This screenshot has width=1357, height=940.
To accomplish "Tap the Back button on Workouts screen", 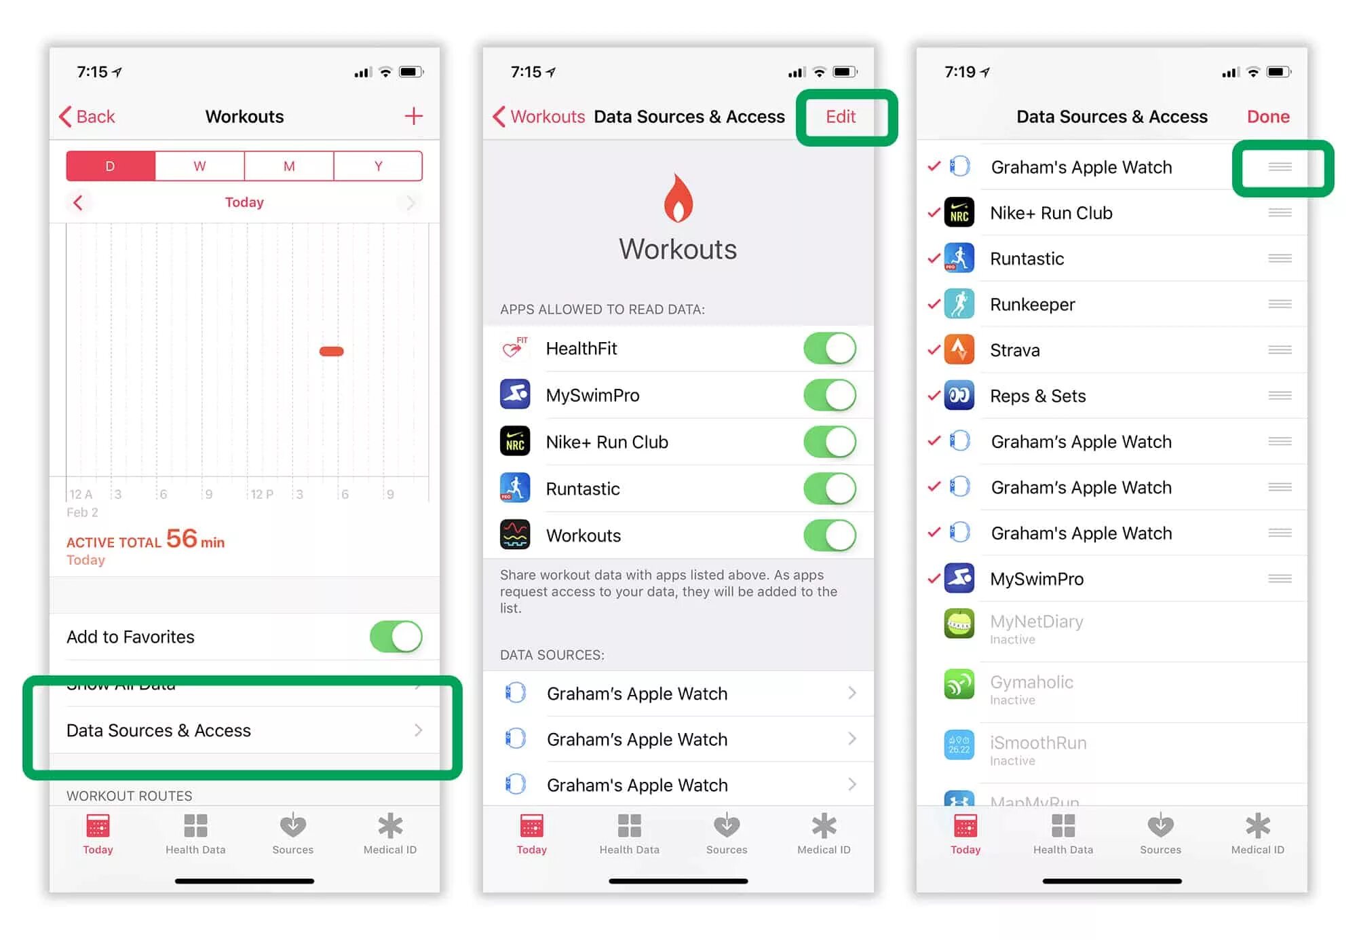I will coord(88,117).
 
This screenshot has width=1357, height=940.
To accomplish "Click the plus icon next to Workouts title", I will coord(413,116).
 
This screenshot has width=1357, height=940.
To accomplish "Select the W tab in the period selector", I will coord(199,166).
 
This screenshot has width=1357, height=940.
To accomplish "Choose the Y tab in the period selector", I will coord(378,166).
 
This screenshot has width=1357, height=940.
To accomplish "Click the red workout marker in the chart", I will coord(331,351).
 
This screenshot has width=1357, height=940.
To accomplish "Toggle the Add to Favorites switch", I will coord(396,637).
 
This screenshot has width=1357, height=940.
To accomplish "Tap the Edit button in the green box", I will coord(840,117).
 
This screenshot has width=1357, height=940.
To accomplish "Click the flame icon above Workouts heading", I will coord(678,198).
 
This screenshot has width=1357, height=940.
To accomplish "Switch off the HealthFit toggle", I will coord(829,348).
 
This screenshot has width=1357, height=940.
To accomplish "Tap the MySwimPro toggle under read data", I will coord(829,395).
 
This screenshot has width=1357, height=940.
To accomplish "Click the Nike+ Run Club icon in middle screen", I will coord(515,442).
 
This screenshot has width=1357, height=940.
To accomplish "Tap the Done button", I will coord(1267,117).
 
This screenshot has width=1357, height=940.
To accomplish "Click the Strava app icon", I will coord(959,350).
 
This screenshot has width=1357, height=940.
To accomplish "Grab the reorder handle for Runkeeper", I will coord(1280,304).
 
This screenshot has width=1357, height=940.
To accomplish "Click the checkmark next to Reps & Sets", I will coord(934,395).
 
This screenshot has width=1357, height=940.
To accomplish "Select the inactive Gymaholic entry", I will coord(1031,689).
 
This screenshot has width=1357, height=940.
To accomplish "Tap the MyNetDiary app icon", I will coord(959,623).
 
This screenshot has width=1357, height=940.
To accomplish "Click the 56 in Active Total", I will coord(181,539).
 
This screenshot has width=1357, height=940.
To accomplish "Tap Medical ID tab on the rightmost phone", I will coord(1257,834).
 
